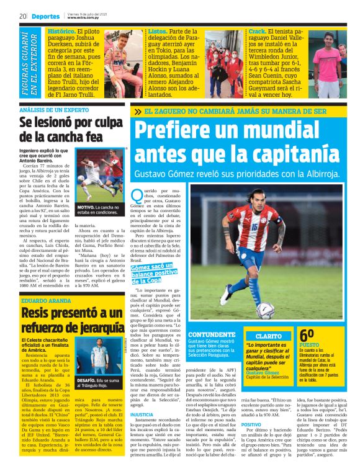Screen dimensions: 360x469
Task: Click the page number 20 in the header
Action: pyautogui.click(x=21, y=16)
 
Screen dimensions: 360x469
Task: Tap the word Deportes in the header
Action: pyautogui.click(x=44, y=16)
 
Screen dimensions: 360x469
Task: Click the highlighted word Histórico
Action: pyautogui.click(x=61, y=30)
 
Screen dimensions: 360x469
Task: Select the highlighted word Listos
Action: pyautogui.click(x=156, y=30)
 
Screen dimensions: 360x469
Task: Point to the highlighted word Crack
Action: pyautogui.click(x=256, y=30)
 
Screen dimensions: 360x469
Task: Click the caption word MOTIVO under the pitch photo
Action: pyautogui.click(x=85, y=206)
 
